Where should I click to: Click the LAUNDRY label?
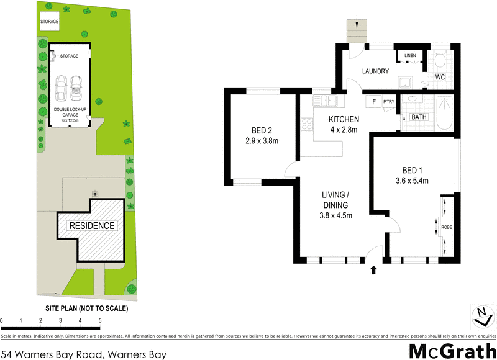pos(376,71)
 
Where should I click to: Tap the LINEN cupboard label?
pos(410,56)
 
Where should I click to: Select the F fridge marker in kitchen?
pos(373,102)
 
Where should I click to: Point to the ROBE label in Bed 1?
pos(447,227)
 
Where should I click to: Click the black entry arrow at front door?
pos(373,269)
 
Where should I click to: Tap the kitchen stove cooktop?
pos(306,124)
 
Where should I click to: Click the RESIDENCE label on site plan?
pos(91,225)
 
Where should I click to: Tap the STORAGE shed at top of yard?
pos(49,22)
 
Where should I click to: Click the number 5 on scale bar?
pos(99,321)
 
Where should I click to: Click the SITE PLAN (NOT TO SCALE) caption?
pos(86,308)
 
